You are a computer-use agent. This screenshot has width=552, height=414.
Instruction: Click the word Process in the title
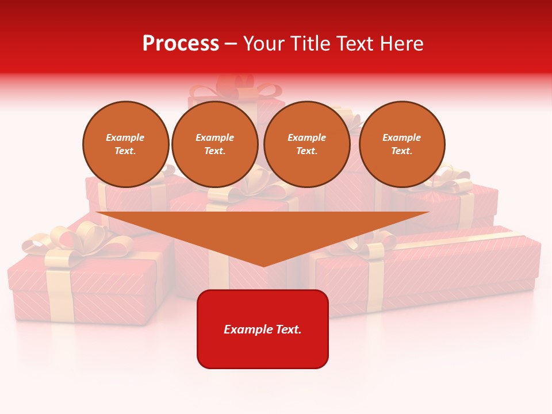click(181, 44)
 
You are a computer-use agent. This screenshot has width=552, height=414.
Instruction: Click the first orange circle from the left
click(126, 144)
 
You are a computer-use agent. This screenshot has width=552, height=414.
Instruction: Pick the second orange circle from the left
click(215, 144)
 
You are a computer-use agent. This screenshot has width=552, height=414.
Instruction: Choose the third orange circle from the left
click(307, 144)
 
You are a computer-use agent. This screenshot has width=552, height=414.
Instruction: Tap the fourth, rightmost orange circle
click(402, 144)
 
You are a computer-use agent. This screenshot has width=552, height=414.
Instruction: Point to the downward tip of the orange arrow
click(263, 264)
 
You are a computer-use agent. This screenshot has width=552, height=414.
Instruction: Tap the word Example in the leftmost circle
click(125, 137)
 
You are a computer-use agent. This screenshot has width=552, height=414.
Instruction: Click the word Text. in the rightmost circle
click(402, 151)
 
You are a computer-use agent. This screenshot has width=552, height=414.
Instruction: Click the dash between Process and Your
click(231, 44)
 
